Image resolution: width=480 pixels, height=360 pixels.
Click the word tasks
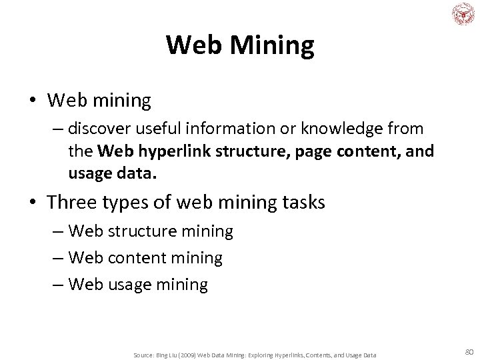pos(301,202)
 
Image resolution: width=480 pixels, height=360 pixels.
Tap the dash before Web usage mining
pos(58,285)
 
